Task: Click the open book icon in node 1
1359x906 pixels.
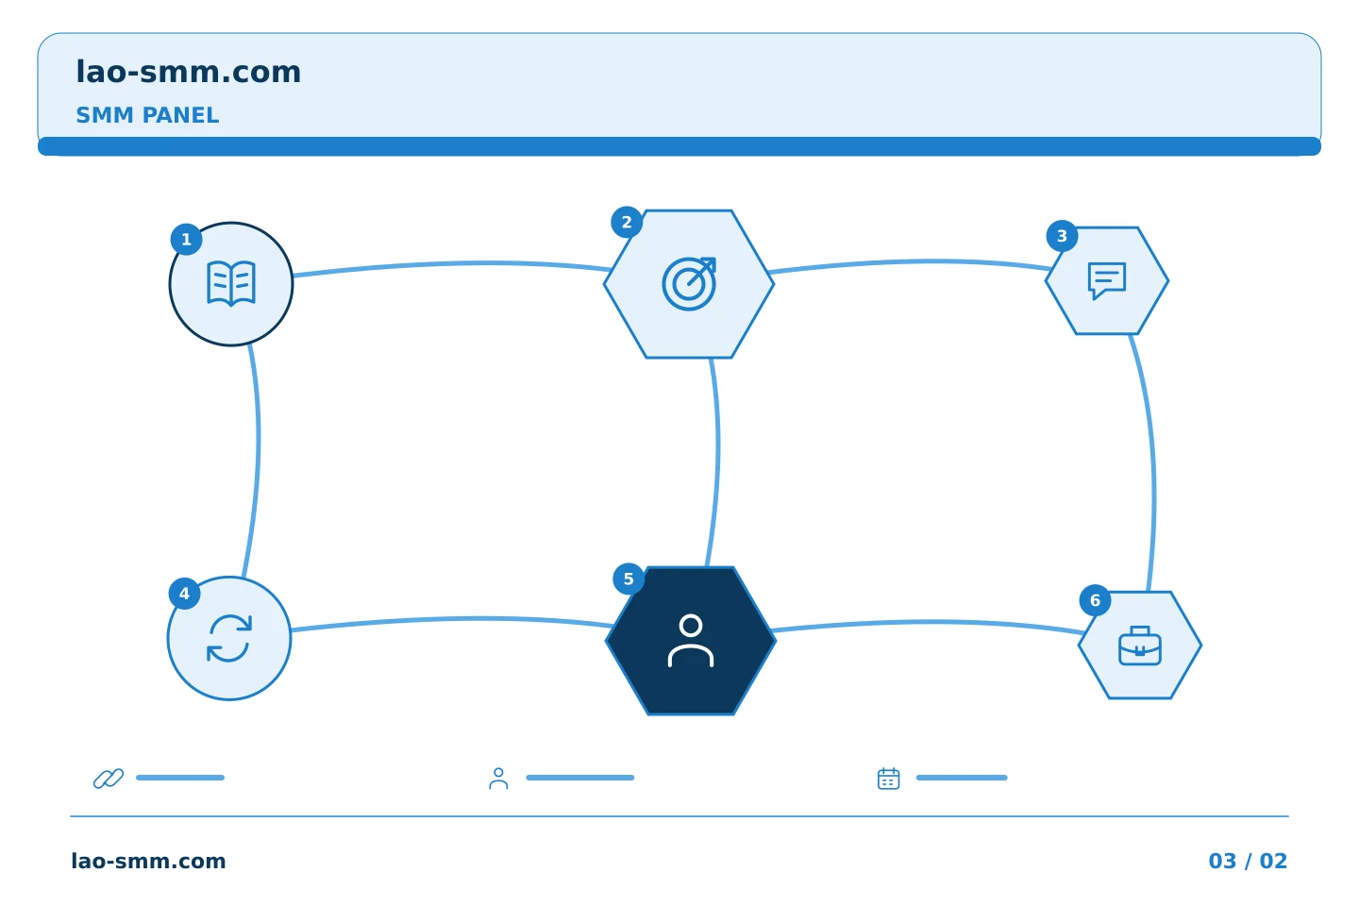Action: pos(231,283)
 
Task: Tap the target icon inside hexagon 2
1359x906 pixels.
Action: pos(689,284)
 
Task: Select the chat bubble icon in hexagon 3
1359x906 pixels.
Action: pos(1107,280)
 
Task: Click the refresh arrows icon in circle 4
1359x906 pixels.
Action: pos(229,638)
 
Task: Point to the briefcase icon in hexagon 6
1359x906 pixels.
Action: pos(1140,646)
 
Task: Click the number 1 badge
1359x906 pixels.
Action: pos(186,239)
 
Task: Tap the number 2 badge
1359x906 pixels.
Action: pos(627,222)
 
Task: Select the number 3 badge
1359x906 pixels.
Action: pos(1063,235)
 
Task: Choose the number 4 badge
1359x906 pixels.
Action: pos(184,594)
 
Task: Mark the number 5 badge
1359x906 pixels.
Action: pos(629,579)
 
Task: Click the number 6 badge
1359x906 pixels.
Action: pos(1095,600)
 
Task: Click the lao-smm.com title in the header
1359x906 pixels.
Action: pos(188,73)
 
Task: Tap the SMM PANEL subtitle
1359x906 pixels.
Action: pos(147,115)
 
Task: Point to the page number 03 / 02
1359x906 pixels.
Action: pos(1248,861)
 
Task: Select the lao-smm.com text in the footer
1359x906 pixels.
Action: pos(149,861)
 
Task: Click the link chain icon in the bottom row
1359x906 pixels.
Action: pos(109,779)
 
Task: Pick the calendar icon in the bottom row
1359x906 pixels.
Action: pos(889,779)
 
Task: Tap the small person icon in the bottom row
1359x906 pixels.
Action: pos(498,779)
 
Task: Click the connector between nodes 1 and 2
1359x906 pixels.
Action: pos(452,264)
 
